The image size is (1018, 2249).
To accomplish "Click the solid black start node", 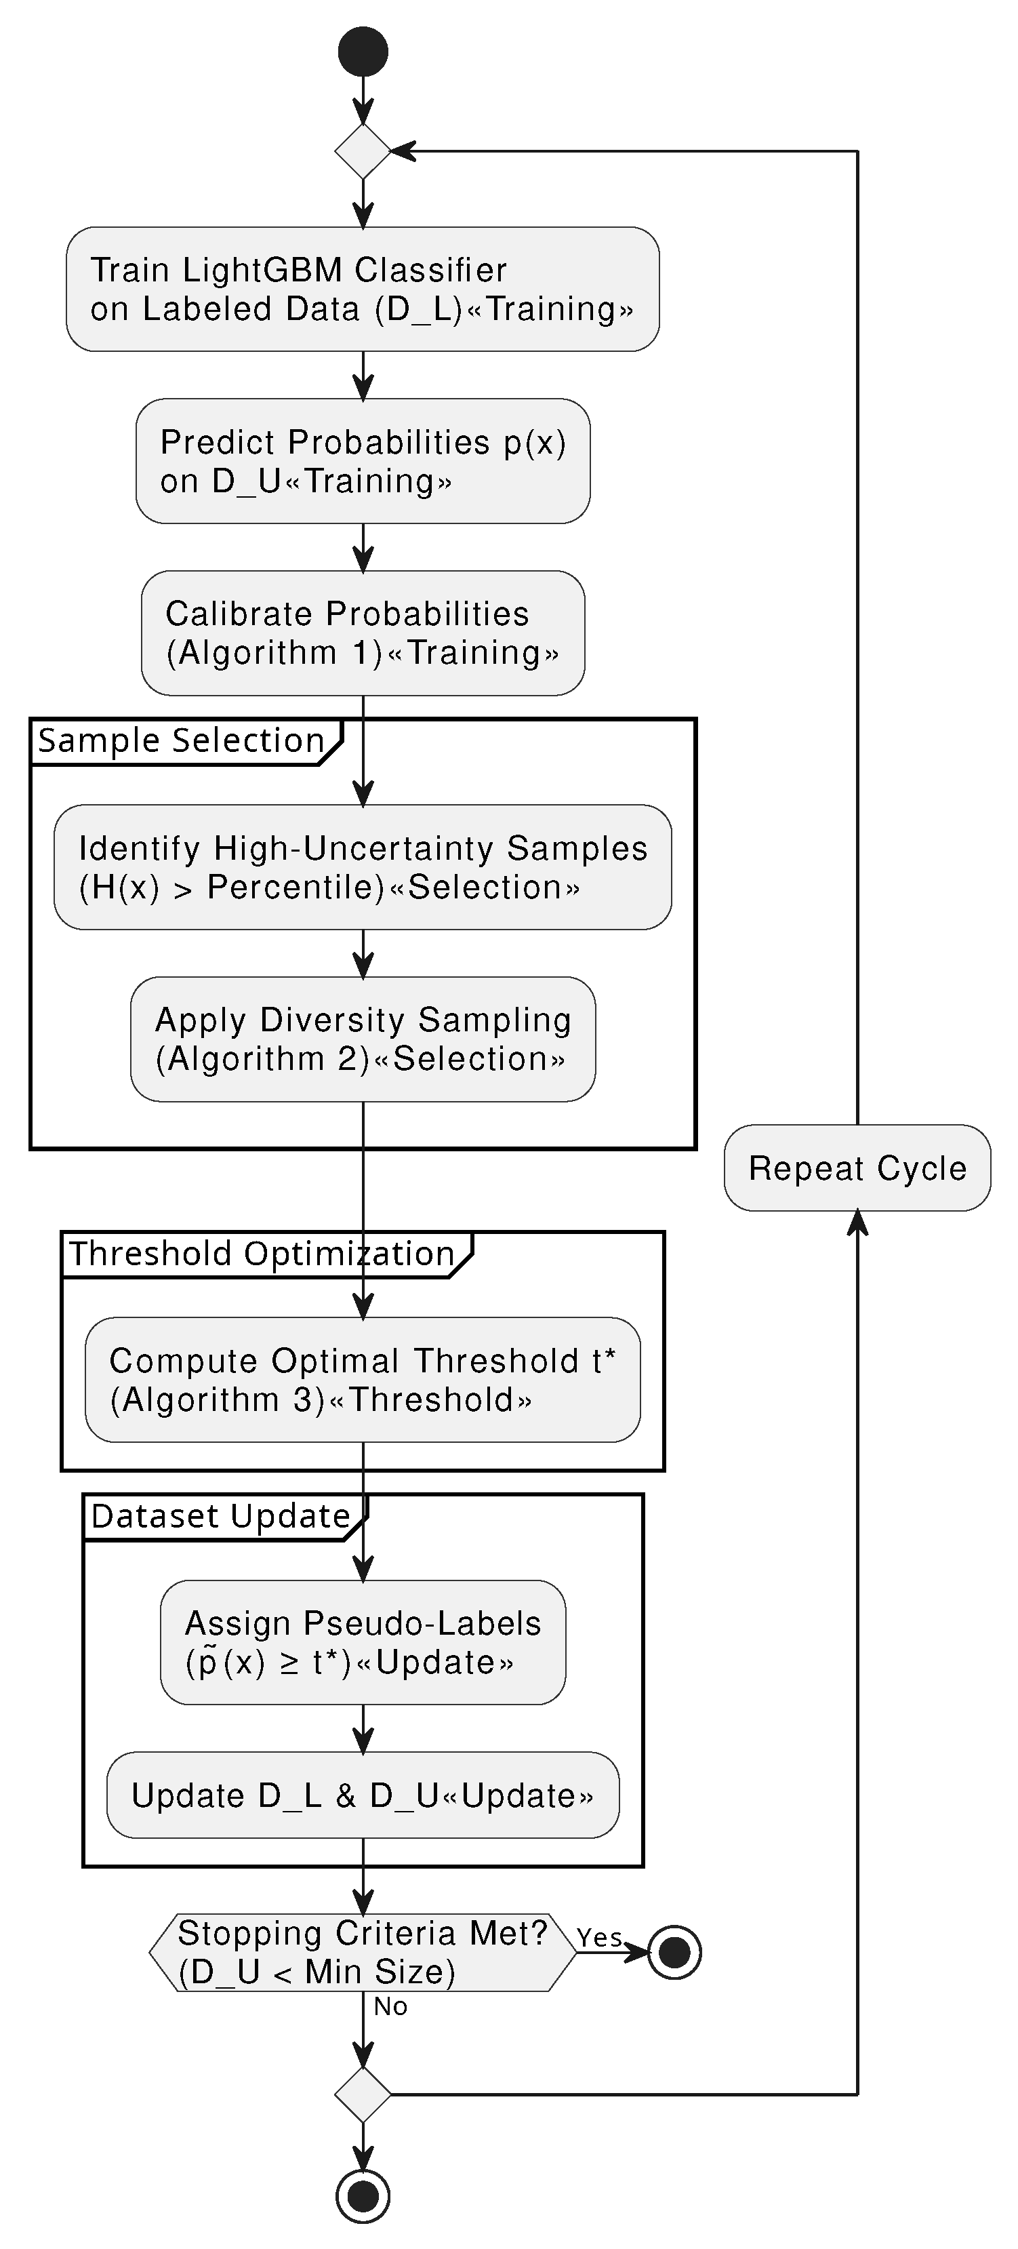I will (x=363, y=51).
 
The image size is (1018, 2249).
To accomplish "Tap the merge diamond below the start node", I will (x=363, y=151).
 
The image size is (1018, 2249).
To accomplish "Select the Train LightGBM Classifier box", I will (x=363, y=289).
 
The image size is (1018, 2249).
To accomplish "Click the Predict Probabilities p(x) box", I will (x=363, y=461).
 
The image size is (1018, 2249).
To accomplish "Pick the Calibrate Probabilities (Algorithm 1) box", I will (x=363, y=633).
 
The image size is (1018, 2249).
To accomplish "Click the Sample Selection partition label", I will (x=182, y=741).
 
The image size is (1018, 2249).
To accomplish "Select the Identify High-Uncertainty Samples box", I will (x=363, y=867).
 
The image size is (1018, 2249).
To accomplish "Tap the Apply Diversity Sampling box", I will (x=363, y=1039).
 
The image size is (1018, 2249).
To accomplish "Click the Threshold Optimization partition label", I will (x=262, y=1254).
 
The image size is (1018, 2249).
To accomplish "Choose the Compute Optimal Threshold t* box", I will (x=363, y=1379).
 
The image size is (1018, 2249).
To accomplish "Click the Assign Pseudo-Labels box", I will (x=363, y=1642).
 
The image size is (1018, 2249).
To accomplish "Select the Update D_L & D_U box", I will (x=363, y=1795).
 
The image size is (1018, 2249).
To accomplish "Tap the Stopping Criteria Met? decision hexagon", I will (x=363, y=1952).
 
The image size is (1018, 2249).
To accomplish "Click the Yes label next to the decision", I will (x=599, y=1937).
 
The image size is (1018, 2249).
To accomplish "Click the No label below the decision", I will (x=390, y=2006).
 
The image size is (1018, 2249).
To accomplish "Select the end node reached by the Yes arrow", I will (x=674, y=1952).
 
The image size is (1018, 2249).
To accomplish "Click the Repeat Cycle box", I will (x=857, y=1168).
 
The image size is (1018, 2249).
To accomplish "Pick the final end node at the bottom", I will (x=363, y=2195).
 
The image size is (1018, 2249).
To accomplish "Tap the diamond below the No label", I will (x=363, y=2094).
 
